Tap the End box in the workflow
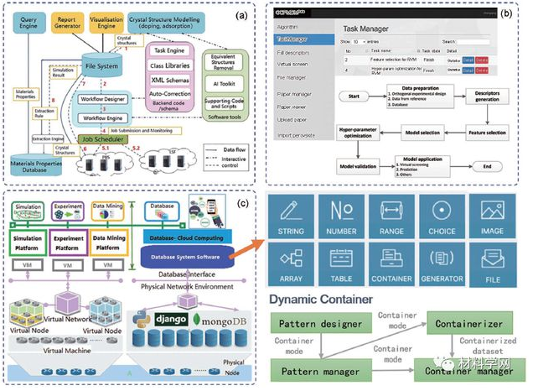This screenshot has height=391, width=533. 483,166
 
